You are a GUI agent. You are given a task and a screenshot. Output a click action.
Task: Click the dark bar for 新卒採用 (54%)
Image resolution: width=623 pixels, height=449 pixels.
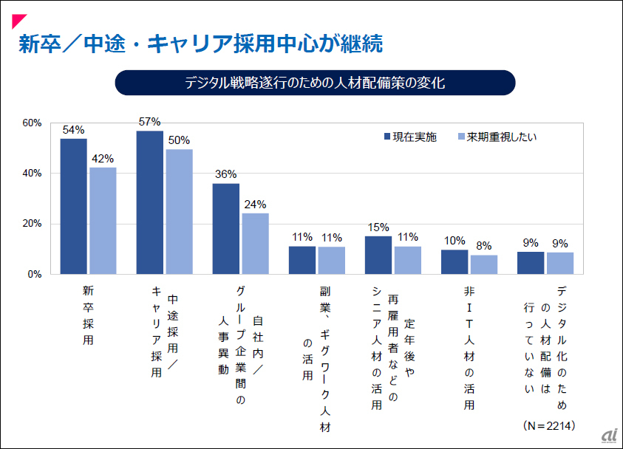tap(74, 206)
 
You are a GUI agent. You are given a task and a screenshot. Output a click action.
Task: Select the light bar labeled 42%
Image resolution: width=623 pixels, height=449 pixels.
tap(103, 221)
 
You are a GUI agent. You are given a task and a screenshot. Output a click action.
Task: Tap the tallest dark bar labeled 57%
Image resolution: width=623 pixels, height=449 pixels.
tap(150, 202)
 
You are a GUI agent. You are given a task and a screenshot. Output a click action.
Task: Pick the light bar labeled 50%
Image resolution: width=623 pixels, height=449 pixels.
tap(179, 211)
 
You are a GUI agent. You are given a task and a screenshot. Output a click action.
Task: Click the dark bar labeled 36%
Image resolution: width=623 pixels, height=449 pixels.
tap(226, 229)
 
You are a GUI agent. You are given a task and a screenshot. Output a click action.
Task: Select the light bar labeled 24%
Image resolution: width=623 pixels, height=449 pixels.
tap(255, 244)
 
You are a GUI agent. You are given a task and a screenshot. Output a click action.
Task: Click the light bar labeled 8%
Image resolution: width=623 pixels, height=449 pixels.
tap(484, 264)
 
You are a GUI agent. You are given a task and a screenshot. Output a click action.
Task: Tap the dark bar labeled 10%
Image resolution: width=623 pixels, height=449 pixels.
tap(455, 262)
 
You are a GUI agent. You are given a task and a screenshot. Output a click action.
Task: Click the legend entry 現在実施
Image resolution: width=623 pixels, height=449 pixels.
tap(409, 137)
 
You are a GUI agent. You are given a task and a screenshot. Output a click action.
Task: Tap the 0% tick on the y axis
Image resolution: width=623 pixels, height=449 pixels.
tap(34, 274)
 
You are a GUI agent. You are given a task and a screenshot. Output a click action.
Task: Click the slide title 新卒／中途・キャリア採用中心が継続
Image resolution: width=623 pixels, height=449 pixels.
tap(200, 44)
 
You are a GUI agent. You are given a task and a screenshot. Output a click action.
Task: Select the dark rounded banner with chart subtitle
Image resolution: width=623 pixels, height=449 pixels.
tap(315, 83)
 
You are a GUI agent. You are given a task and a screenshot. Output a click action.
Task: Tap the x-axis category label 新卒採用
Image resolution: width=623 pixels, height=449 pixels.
tap(89, 316)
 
